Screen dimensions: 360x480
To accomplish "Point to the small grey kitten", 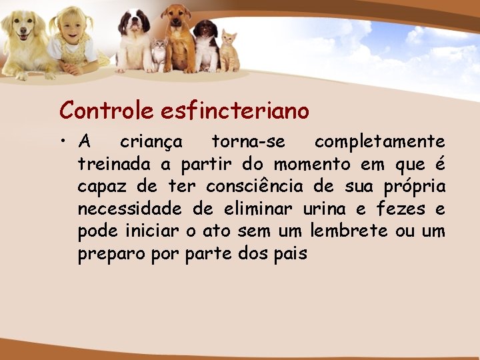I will [x=159, y=55].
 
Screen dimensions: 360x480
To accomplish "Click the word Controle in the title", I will [x=107, y=110].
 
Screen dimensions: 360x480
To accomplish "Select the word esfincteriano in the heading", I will [x=235, y=110].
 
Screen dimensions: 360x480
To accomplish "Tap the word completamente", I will [x=379, y=142].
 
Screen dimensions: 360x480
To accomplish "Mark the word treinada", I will [x=115, y=164].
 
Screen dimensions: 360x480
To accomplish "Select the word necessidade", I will [x=129, y=209].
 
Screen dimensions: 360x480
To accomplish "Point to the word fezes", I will [x=401, y=209].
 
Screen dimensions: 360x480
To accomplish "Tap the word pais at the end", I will [x=291, y=254].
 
